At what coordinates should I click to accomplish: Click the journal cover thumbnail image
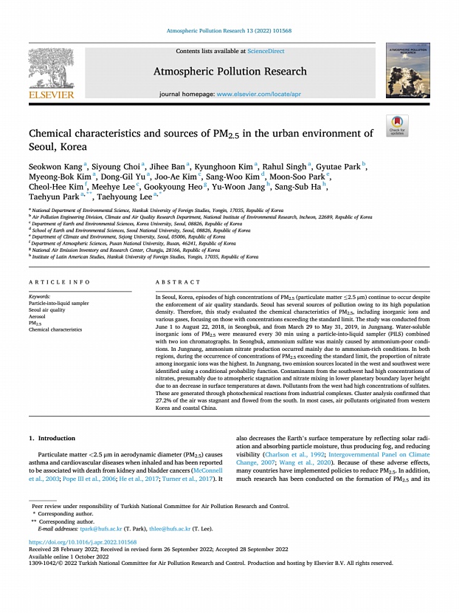click(407, 69)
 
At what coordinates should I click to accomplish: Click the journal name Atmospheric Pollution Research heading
click(229, 72)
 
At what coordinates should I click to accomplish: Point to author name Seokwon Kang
click(55, 166)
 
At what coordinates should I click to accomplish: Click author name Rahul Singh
click(284, 166)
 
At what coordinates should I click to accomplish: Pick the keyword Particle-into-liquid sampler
click(59, 303)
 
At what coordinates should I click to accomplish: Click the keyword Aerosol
click(38, 316)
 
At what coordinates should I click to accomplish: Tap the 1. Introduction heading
click(51, 438)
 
